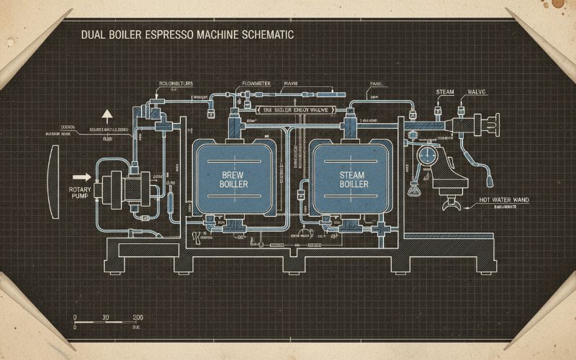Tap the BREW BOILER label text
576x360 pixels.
(233, 179)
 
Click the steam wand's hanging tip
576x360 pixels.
(490, 175)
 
